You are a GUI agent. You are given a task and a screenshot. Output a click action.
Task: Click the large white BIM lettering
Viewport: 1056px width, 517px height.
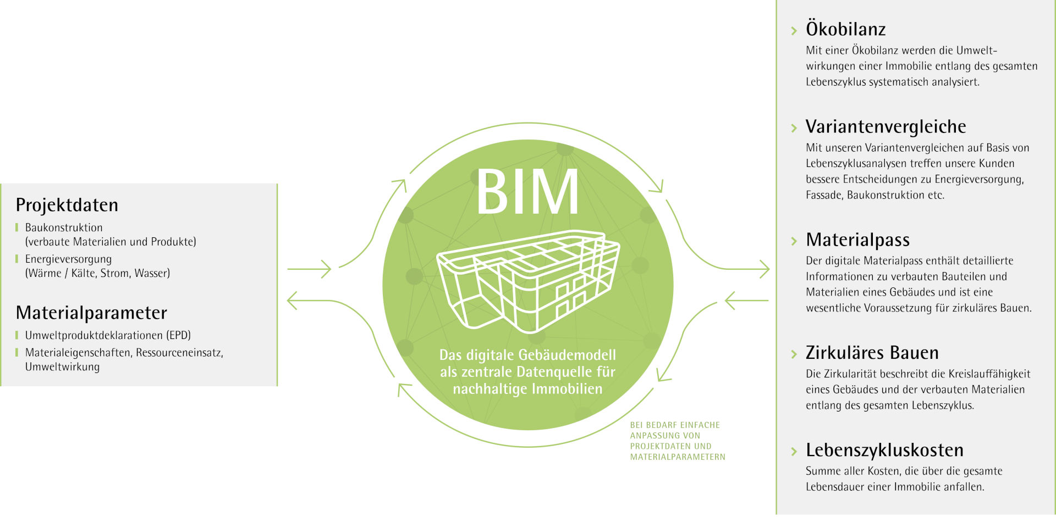coord(527,192)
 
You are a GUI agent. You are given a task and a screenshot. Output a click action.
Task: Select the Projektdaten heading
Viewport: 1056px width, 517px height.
coord(67,205)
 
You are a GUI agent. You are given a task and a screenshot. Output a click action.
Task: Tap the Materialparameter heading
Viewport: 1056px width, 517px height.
coord(91,313)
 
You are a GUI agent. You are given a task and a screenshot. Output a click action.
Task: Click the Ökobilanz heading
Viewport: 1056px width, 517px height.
coord(845,29)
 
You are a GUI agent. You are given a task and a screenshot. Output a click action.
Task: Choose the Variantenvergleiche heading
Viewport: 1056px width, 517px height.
coord(886,127)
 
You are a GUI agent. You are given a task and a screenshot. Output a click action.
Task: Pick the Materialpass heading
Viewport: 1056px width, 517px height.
coord(857,240)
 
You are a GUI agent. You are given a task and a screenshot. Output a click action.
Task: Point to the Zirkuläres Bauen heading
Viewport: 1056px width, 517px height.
coord(872,353)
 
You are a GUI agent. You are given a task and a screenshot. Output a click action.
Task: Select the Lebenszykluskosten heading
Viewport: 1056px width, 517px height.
coord(884,451)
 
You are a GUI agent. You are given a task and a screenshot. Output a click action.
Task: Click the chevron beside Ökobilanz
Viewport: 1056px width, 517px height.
coord(794,31)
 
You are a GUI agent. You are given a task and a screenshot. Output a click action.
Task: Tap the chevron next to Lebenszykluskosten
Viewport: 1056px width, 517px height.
coord(794,452)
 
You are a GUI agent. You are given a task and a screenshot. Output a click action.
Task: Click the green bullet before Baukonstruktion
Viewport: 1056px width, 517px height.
coord(17,227)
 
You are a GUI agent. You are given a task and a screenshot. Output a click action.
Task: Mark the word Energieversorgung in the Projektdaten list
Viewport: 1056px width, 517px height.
coord(68,259)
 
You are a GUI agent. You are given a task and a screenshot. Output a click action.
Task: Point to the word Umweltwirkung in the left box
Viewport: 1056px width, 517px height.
coord(62,367)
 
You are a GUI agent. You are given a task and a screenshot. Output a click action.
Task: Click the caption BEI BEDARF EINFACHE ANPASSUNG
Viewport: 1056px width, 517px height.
coord(675,430)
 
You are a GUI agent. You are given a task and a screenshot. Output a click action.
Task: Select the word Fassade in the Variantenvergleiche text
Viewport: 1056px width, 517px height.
coord(823,195)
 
